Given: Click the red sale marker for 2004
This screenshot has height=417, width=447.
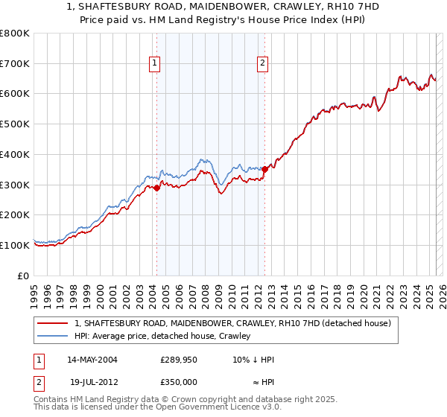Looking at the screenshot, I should pos(156,188).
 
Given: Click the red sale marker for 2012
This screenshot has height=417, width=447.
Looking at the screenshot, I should pos(264,169).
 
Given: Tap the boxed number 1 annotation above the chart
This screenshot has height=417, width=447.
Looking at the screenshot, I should pos(154,64).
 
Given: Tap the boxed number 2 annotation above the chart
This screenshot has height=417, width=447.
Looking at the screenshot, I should pos(263,64).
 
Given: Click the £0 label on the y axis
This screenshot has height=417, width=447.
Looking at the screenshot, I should pos(25,276).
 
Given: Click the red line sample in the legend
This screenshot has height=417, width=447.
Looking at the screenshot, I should pos(53,324).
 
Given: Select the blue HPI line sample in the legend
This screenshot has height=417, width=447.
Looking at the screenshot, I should pos(53,337).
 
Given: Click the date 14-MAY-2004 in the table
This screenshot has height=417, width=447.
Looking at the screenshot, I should pos(92,360).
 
